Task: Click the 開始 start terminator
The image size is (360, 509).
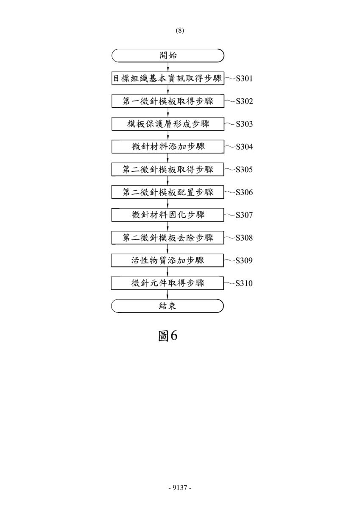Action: (x=168, y=56)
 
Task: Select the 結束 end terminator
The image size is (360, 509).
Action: (x=167, y=306)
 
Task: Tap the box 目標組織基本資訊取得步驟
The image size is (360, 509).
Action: (x=168, y=78)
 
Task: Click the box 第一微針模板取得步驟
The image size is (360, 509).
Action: (x=168, y=101)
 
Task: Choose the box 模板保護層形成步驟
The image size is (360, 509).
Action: (x=168, y=124)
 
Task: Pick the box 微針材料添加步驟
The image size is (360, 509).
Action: (x=168, y=147)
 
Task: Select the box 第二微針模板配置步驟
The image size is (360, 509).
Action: (x=167, y=192)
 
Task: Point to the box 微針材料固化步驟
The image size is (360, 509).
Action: (x=167, y=215)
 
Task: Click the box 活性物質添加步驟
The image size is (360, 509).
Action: (x=167, y=260)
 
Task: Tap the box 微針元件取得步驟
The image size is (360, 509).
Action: (x=167, y=283)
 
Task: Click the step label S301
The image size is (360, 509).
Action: (x=244, y=78)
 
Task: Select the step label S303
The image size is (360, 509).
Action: (x=244, y=124)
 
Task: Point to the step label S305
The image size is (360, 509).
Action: (x=244, y=170)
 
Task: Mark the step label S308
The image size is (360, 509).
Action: (x=244, y=238)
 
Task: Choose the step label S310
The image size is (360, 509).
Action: (x=244, y=283)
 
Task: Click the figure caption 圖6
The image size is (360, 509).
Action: (x=167, y=336)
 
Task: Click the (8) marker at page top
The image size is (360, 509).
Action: (x=180, y=31)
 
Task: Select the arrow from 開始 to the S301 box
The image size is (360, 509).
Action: (x=168, y=67)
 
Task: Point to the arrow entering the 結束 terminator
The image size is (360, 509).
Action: (x=167, y=294)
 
